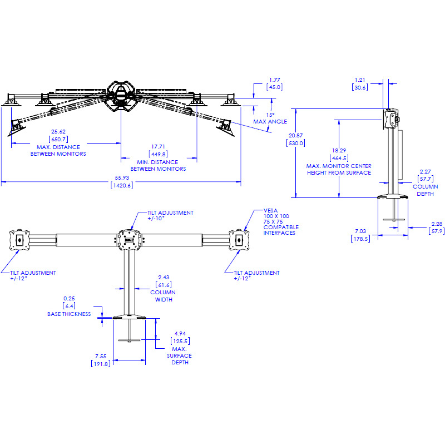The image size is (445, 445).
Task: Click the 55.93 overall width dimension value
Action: pos(121,177)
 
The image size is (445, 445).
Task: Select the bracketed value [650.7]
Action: pos(58,139)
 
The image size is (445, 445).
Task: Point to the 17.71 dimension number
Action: pos(158,147)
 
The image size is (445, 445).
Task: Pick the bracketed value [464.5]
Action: pos(338,158)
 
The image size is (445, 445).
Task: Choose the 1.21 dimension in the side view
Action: pos(360,79)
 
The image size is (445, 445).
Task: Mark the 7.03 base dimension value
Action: pos(361,231)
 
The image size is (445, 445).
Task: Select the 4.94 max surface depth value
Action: pos(179,334)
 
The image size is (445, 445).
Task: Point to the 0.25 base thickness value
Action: pos(69,298)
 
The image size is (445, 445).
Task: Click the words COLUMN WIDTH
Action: pos(163,295)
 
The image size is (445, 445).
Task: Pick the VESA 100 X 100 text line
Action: pos(276,216)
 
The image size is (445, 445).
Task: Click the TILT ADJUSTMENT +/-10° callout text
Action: pos(170,216)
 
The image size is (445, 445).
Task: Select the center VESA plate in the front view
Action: pos(130,240)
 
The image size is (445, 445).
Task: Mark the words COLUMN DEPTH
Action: pos(425,190)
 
